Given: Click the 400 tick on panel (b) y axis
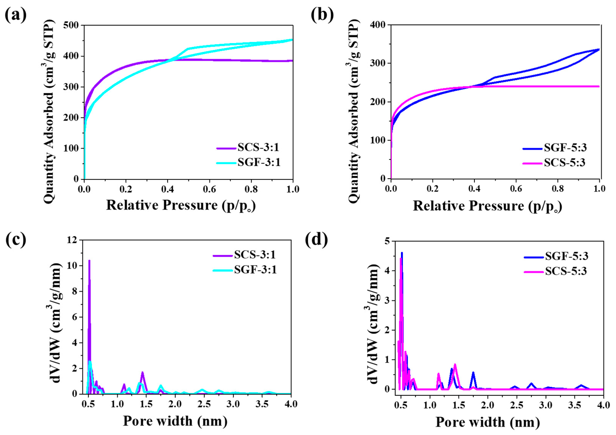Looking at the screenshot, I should pos(378,25).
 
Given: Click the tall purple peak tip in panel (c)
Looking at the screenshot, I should pos(89,261).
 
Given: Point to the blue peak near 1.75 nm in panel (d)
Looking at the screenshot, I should pos(473,373).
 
